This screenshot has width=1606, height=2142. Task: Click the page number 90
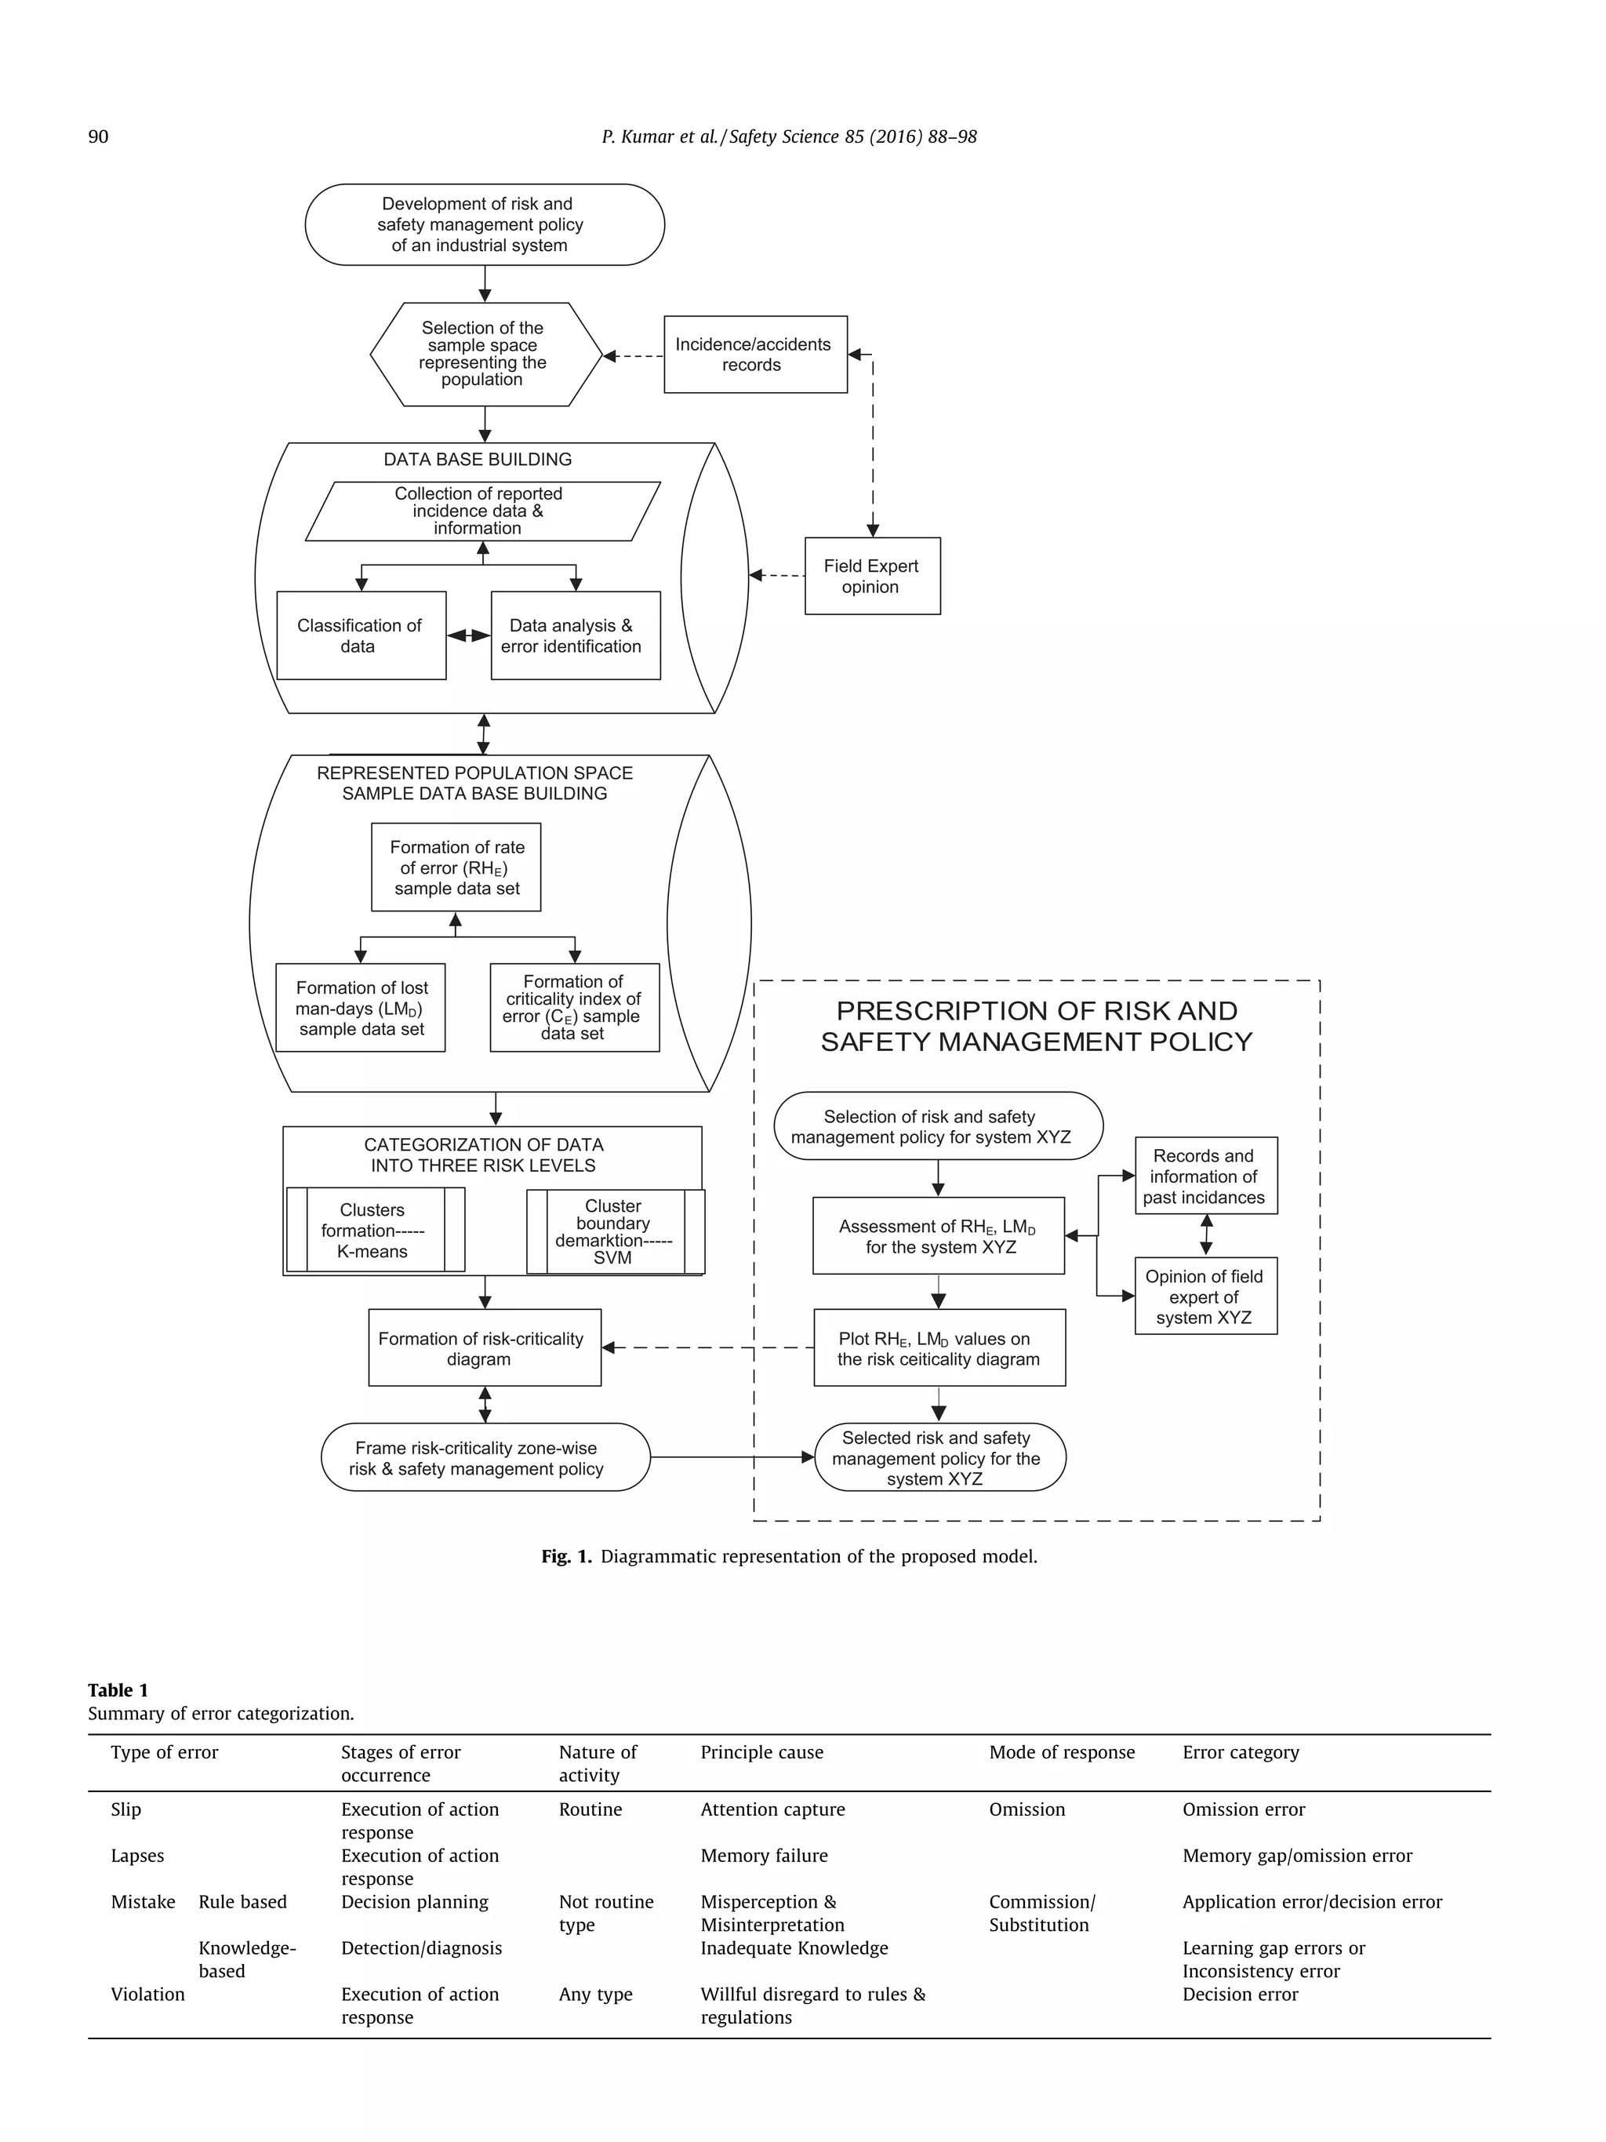click(x=98, y=136)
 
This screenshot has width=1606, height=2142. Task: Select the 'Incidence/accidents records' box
click(x=754, y=355)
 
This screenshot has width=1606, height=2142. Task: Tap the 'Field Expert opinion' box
click(x=871, y=576)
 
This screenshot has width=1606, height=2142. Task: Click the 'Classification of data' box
click(x=360, y=635)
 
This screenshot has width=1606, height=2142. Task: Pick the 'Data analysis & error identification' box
click(x=575, y=635)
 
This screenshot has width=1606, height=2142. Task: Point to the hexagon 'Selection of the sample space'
click(x=484, y=354)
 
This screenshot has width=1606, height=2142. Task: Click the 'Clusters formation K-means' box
click(x=375, y=1230)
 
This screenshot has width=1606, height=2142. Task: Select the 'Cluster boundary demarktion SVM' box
click(x=615, y=1231)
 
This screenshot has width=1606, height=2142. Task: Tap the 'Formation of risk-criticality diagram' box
click(x=483, y=1348)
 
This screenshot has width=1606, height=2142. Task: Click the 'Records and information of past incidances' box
click(x=1205, y=1176)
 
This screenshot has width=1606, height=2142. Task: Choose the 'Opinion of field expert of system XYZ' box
click(x=1205, y=1296)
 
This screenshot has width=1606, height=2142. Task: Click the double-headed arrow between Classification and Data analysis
click(x=468, y=635)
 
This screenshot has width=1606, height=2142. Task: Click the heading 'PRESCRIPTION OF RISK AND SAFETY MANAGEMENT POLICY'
click(x=1036, y=1027)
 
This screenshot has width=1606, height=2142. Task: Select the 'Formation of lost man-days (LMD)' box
click(x=360, y=1007)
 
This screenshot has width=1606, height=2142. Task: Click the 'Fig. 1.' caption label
click(x=566, y=1556)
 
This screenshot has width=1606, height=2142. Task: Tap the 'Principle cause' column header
click(x=762, y=1751)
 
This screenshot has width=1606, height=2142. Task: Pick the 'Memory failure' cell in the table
click(x=764, y=1856)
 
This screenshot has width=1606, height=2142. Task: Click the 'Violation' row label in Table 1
click(x=147, y=1994)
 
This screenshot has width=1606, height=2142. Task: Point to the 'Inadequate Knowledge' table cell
click(x=794, y=1947)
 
